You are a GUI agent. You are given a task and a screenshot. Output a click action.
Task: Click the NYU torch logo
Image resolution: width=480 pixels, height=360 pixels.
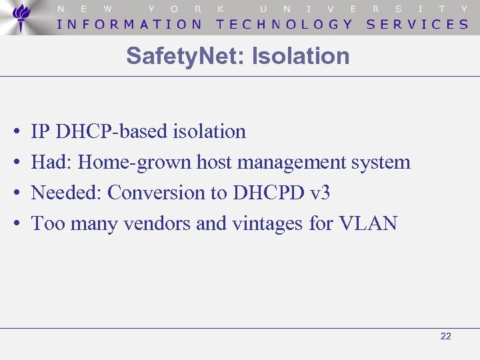(x=22, y=17)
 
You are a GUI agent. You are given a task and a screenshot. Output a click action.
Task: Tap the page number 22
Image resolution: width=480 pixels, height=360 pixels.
(x=446, y=337)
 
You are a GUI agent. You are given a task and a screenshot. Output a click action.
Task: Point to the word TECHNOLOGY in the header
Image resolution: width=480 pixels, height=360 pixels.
(x=285, y=24)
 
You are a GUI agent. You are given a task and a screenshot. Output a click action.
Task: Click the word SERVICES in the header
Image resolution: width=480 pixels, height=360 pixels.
(x=418, y=24)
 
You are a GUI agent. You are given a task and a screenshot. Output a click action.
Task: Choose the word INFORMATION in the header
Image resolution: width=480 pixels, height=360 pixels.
(x=130, y=24)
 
